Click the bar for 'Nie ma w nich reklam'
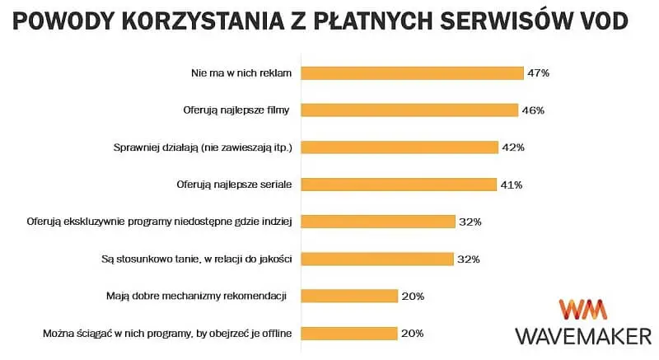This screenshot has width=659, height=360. (412, 72)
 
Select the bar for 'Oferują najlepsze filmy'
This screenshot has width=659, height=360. (409, 110)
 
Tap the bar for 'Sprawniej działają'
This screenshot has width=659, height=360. (400, 147)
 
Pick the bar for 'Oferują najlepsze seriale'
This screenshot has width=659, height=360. (398, 185)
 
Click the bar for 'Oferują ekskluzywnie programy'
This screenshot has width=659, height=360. (378, 222)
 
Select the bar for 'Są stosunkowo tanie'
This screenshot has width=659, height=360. (377, 259)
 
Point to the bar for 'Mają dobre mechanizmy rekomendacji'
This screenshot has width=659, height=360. (349, 296)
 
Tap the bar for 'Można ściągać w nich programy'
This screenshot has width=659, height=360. (349, 333)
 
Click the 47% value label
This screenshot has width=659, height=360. (538, 72)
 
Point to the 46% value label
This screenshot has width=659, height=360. (532, 110)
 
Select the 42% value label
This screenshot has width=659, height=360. (512, 147)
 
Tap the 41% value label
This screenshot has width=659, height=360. (510, 185)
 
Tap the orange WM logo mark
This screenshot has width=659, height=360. (583, 310)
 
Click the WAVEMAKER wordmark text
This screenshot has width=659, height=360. (583, 335)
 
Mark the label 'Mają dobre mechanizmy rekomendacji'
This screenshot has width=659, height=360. (202, 296)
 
